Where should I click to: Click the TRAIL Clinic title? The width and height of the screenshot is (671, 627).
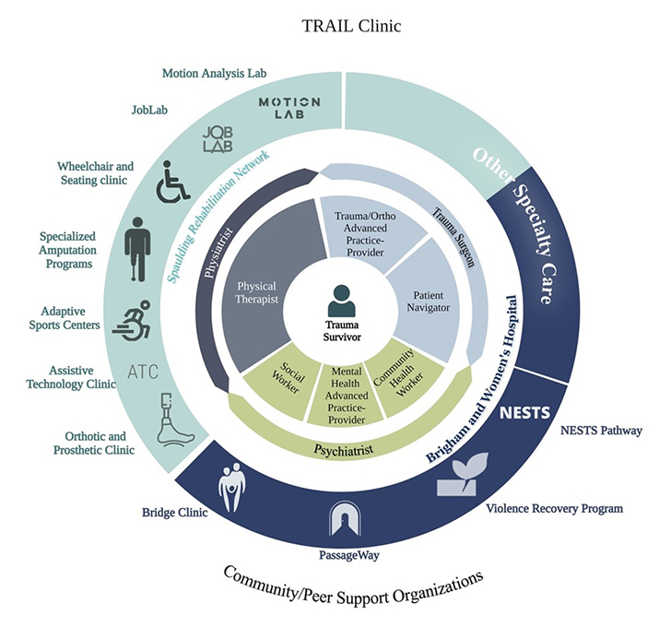click(351, 26)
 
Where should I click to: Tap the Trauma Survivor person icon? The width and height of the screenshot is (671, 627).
click(340, 302)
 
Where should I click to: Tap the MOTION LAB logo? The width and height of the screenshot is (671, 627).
click(289, 109)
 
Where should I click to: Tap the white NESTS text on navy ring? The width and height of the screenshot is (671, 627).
click(525, 412)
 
